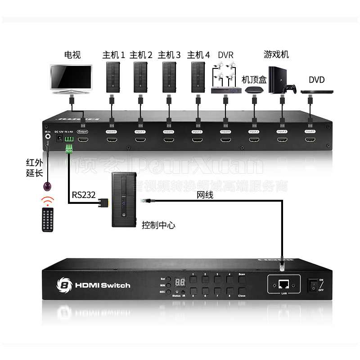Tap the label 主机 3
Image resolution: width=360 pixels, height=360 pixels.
point(169,55)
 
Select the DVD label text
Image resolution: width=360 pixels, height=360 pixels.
point(316,80)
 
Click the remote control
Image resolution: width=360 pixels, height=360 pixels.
point(48,220)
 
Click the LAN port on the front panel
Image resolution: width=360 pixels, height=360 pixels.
point(284,284)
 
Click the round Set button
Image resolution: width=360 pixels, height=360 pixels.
point(167,279)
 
